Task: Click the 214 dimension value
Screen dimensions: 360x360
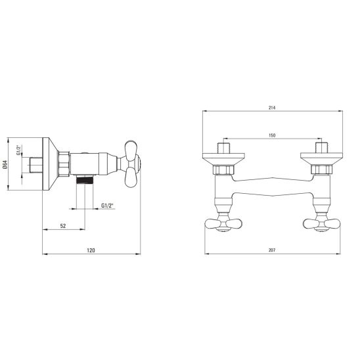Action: click(272, 108)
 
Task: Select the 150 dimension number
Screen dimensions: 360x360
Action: click(272, 135)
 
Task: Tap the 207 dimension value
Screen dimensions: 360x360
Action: click(272, 250)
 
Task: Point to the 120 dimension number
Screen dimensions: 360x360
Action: click(91, 250)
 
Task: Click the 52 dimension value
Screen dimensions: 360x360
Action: click(63, 226)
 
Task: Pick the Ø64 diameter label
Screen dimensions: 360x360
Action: click(5, 164)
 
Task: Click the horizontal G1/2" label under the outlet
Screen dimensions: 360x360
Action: click(108, 206)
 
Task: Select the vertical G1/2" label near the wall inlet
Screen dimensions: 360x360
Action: click(18, 150)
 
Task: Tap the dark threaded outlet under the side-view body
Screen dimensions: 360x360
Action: click(85, 179)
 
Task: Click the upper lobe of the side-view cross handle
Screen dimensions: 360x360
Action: click(131, 150)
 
